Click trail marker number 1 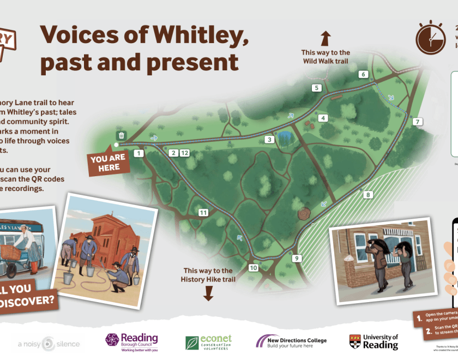pyautogui.click(x=138, y=154)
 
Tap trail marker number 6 pyautogui.click(x=364, y=74)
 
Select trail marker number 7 pyautogui.click(x=418, y=122)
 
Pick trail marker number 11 pyautogui.click(x=203, y=213)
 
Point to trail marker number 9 pyautogui.click(x=297, y=259)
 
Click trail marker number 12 pyautogui.click(x=185, y=153)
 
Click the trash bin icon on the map pyautogui.click(x=122, y=135)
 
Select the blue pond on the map pyautogui.click(x=284, y=135)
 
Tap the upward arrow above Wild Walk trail pyautogui.click(x=326, y=38)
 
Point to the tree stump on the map pyautogui.click(x=303, y=213)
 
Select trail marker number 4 pyautogui.click(x=323, y=118)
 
